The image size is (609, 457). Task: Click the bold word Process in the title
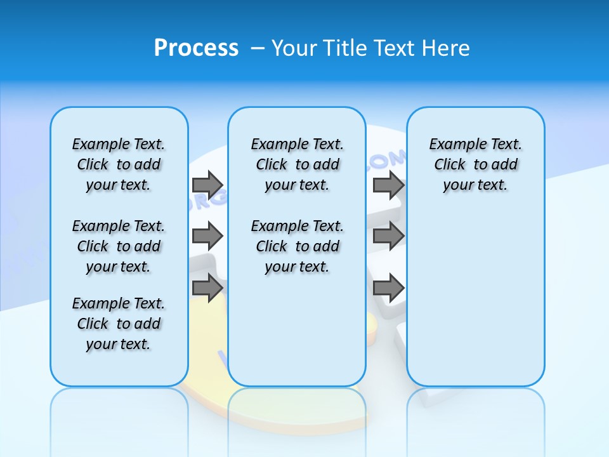[196, 48]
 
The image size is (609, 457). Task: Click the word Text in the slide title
[395, 48]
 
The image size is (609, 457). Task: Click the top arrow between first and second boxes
[207, 185]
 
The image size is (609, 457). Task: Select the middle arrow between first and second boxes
[207, 237]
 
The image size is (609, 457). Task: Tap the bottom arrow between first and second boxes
[207, 288]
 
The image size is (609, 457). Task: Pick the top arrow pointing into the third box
[388, 185]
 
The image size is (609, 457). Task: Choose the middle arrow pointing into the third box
[388, 237]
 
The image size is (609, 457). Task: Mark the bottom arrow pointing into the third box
[388, 288]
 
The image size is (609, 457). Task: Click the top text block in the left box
[119, 164]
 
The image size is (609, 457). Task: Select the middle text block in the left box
[119, 246]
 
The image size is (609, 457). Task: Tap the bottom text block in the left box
[119, 324]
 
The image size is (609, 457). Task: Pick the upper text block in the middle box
[297, 164]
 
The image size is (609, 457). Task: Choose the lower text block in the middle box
[297, 246]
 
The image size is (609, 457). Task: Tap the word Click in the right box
[450, 165]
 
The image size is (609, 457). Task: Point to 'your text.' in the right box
[475, 185]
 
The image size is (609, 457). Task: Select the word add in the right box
[505, 165]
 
